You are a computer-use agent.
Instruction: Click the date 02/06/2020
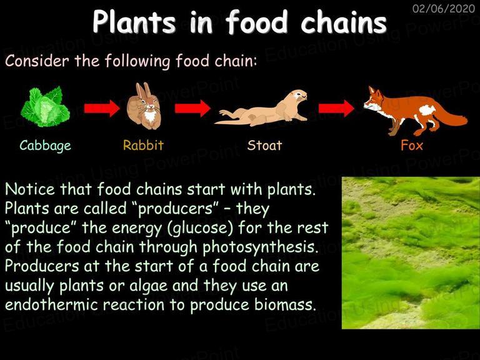[444, 8]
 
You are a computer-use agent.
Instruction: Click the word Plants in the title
[134, 22]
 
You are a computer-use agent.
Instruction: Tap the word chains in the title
[344, 22]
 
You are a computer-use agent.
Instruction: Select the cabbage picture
[45, 106]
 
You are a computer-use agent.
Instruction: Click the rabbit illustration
[144, 106]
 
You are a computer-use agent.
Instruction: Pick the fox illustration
[416, 111]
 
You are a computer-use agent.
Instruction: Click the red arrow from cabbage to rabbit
[102, 108]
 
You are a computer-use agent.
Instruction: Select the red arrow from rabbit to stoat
[192, 108]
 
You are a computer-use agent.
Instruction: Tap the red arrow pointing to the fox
[336, 108]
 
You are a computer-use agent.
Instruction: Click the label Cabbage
[45, 146]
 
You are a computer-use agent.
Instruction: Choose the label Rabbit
[143, 145]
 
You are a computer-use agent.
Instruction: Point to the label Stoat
[264, 145]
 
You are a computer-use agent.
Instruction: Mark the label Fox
[412, 145]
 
